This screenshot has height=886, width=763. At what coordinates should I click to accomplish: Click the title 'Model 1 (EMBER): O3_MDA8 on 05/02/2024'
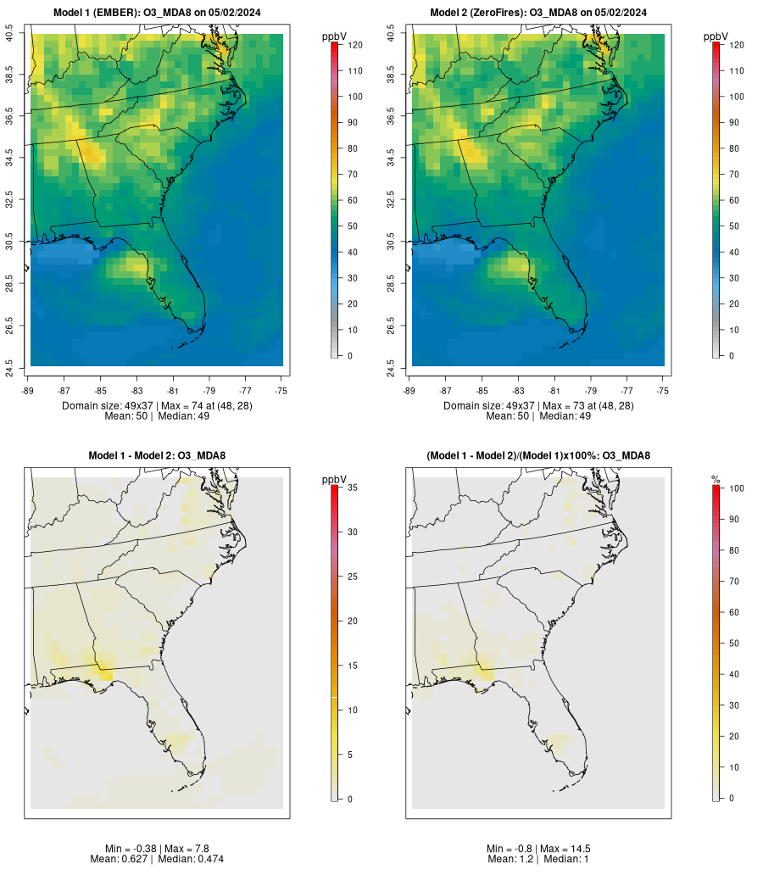tap(157, 12)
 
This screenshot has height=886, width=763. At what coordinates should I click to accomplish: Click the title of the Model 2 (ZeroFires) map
tap(538, 12)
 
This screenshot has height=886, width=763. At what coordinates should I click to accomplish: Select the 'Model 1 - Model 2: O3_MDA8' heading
tap(157, 455)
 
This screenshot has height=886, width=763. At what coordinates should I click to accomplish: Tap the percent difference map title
tap(538, 455)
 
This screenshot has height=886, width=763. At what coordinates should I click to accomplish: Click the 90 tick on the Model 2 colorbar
tap(732, 123)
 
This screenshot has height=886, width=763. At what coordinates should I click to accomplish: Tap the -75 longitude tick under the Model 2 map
tap(663, 391)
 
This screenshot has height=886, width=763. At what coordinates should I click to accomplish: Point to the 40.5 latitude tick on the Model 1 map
tap(10, 34)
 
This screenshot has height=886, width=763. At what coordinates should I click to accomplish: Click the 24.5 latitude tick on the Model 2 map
tap(391, 365)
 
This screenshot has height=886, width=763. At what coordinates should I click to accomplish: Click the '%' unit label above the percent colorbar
tap(716, 480)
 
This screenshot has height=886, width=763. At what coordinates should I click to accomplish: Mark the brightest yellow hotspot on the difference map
tap(104, 671)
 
